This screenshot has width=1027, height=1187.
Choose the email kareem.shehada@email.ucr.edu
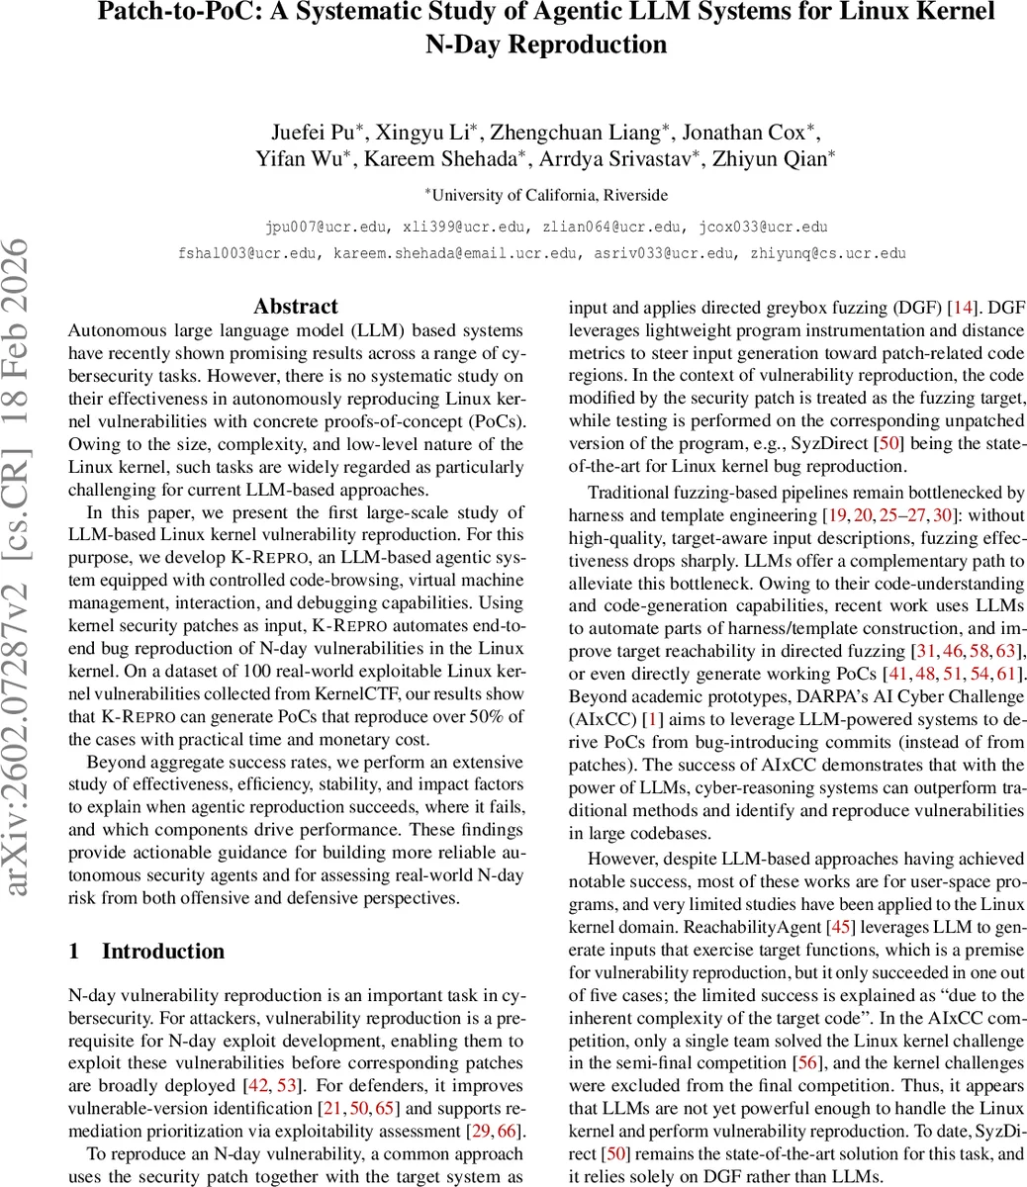click(x=456, y=253)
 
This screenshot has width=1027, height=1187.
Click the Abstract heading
click(x=296, y=306)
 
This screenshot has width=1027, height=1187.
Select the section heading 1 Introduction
click(x=146, y=951)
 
